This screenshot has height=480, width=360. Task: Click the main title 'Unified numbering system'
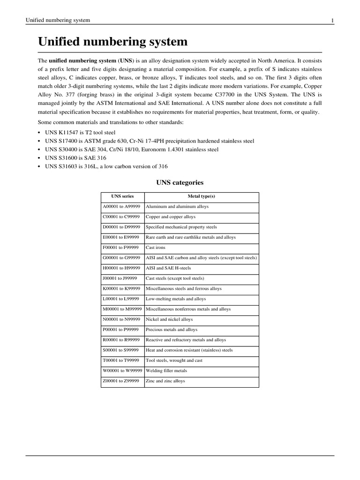pos(112,42)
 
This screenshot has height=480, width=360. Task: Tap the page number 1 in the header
pos(332,21)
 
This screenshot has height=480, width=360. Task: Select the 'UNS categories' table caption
pos(180,182)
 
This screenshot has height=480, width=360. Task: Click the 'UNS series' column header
pos(122,196)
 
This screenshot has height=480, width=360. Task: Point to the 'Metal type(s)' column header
pos(201,196)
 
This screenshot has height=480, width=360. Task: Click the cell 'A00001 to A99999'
pos(121,207)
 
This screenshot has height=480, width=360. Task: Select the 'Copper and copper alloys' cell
pos(171,217)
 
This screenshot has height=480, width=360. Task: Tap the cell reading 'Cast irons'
pos(156,247)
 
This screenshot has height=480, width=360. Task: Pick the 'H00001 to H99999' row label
pos(121,268)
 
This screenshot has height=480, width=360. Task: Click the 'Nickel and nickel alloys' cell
pos(169,319)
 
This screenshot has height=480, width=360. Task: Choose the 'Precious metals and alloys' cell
pos(172,330)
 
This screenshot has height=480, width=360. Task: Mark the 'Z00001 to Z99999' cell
pos(121,381)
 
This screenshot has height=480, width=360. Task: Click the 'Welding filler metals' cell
pos(166,371)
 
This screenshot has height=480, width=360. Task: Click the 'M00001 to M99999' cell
pos(122,309)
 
